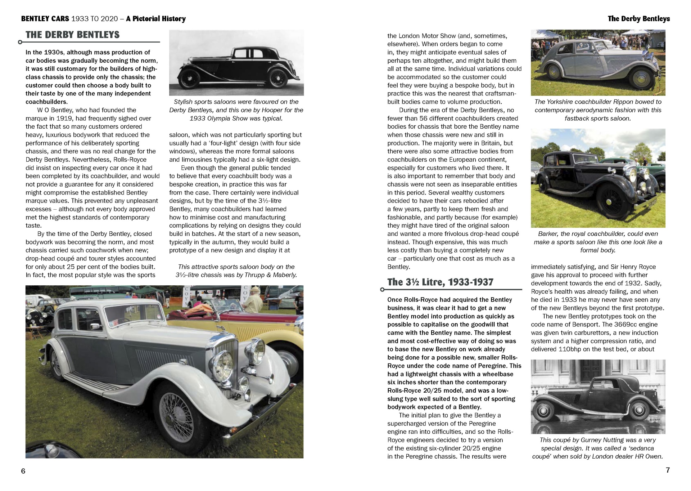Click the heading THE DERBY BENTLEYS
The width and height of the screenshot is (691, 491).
click(72, 35)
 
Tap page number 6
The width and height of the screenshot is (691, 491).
click(23, 471)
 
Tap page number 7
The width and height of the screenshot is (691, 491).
click(668, 470)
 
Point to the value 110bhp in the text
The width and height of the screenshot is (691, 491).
click(569, 349)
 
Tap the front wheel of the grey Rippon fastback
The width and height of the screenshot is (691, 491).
click(642, 81)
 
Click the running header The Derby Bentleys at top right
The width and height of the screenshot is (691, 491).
click(638, 19)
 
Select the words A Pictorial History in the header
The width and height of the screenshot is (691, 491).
click(155, 19)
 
